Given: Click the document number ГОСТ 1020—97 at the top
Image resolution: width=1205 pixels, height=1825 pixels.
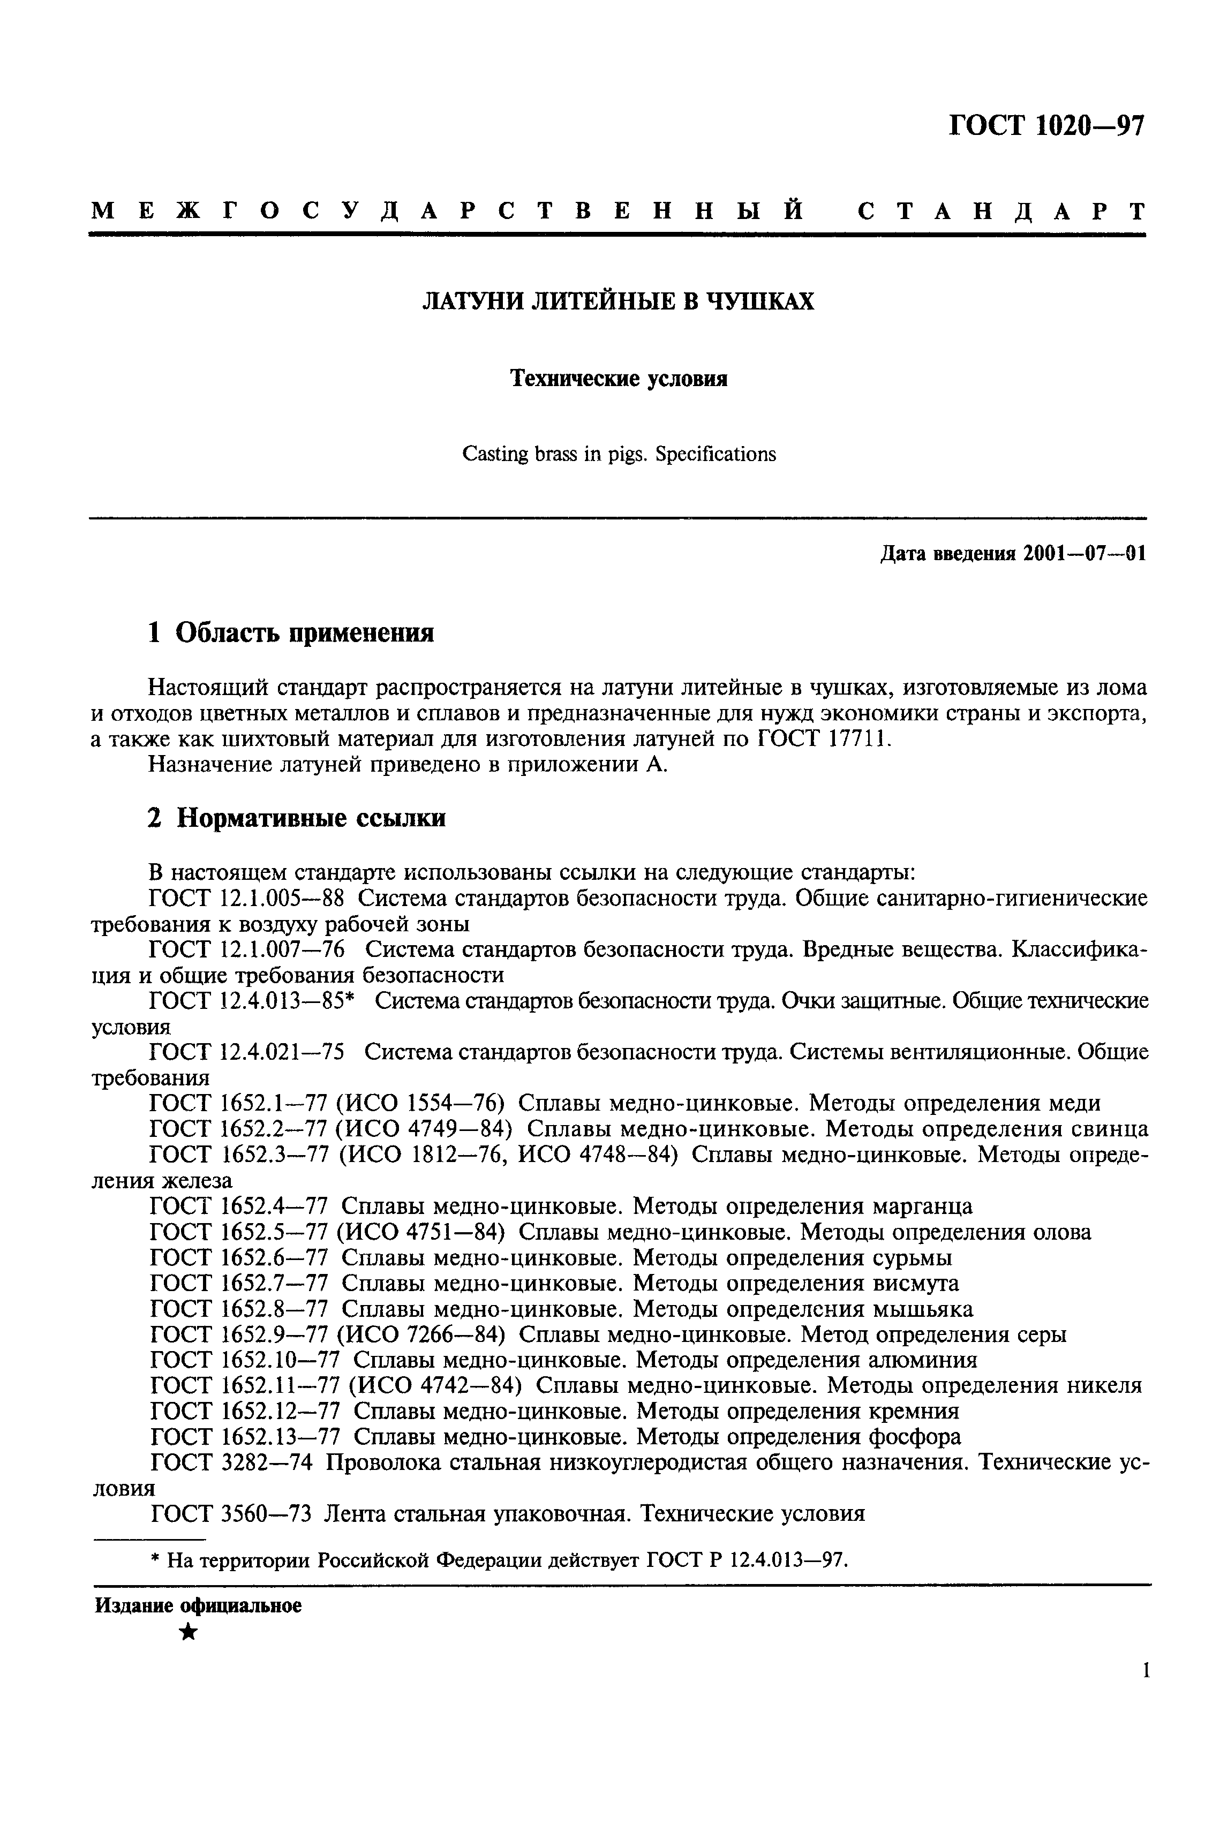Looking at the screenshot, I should tap(1046, 126).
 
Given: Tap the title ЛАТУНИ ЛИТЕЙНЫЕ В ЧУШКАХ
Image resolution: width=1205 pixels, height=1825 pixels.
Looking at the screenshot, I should tap(618, 301).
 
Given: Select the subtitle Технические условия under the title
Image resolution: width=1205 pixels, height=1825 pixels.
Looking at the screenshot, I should tap(619, 379).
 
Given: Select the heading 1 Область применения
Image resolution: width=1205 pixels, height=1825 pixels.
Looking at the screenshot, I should tap(290, 633).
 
